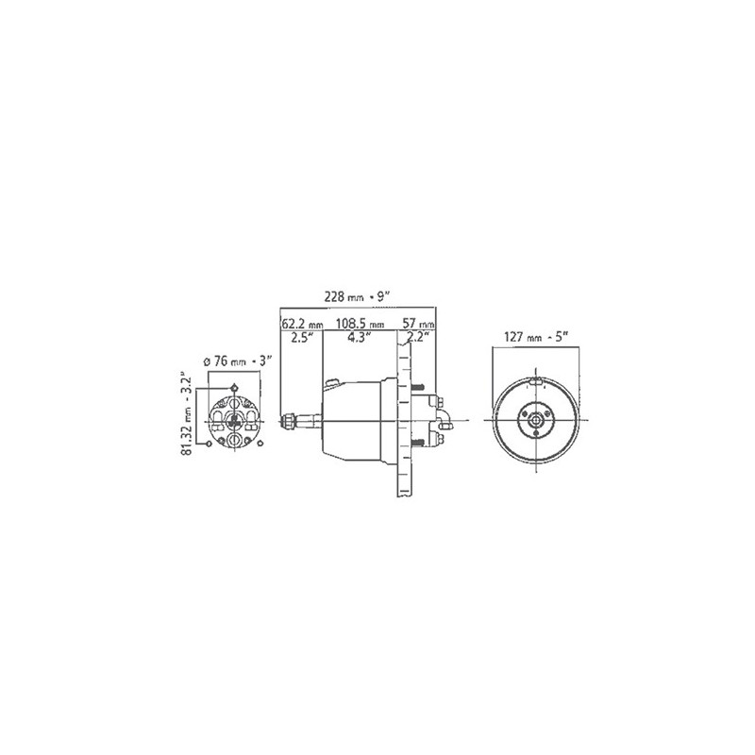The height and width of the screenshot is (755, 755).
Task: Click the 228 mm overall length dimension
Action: [357, 297]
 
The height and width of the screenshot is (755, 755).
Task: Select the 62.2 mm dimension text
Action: [301, 323]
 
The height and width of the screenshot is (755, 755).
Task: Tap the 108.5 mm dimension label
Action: [361, 323]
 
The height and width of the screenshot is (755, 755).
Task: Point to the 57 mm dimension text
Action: [418, 323]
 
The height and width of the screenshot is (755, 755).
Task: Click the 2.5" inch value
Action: [302, 337]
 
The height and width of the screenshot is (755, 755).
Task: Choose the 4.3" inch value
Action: [359, 337]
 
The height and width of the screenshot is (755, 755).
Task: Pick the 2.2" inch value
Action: [417, 337]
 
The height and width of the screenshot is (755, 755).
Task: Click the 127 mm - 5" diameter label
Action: [536, 337]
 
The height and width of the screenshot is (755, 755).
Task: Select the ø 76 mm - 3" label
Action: [239, 361]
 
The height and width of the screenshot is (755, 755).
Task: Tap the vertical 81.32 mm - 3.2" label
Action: [187, 412]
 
